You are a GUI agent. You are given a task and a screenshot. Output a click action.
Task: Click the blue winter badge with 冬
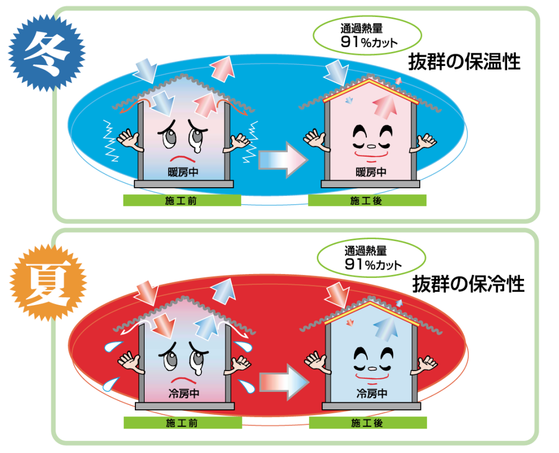[x=47, y=53]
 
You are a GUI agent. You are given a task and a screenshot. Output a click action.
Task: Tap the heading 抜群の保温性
[x=464, y=62]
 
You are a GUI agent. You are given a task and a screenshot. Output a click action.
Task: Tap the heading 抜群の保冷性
[x=468, y=284]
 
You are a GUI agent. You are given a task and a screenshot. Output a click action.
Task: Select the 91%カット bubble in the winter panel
[x=367, y=35]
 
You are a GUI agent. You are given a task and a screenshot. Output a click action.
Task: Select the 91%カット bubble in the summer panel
[x=371, y=258]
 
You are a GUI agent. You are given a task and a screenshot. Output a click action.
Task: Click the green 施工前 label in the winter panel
[x=182, y=201]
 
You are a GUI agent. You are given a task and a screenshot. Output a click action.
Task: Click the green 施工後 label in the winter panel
[x=367, y=201]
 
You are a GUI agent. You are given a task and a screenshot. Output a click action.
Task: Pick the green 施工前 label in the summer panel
[x=182, y=423]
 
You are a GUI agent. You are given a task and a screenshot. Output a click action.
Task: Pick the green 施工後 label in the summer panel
[x=367, y=423]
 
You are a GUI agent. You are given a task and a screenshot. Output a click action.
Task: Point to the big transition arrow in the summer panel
[x=284, y=382]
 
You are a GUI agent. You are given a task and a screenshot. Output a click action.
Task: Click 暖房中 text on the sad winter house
[x=183, y=172]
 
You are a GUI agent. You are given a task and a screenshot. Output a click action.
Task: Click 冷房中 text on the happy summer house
[x=372, y=394]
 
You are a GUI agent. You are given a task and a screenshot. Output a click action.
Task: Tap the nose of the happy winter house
[x=371, y=146]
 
